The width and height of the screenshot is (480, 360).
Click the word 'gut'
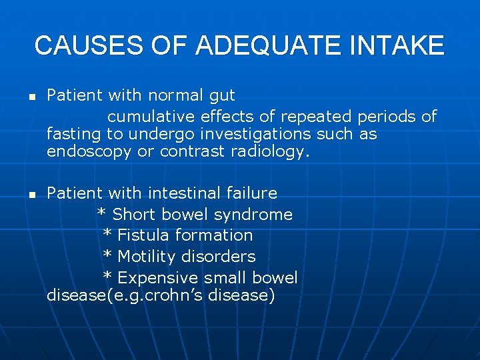(223, 96)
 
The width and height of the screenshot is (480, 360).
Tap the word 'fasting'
(73, 134)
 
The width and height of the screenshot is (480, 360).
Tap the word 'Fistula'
(145, 235)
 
